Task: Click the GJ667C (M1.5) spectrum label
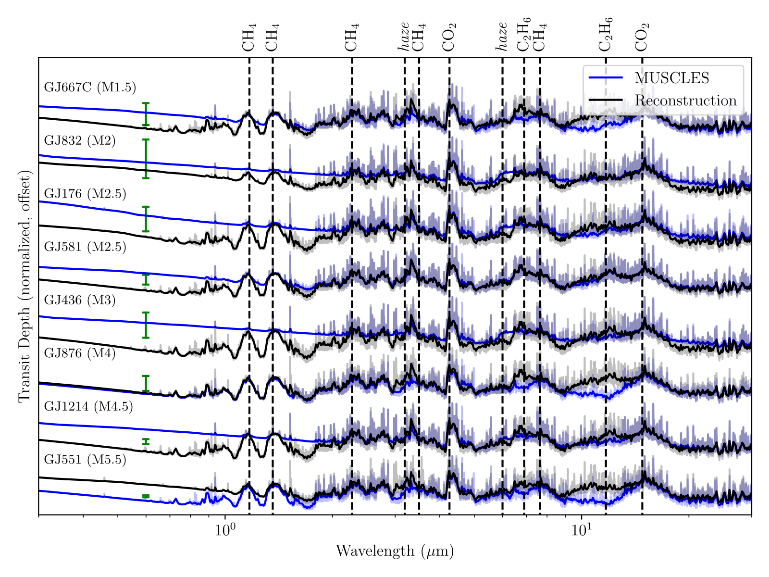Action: click(x=90, y=88)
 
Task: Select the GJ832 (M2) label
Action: click(x=80, y=141)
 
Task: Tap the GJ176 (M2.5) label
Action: click(x=85, y=194)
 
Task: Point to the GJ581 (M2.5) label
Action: click(x=85, y=247)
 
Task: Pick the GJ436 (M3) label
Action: click(x=80, y=301)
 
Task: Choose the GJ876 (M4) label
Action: click(x=80, y=353)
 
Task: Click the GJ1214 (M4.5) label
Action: click(x=88, y=407)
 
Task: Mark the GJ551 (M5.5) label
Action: click(x=85, y=460)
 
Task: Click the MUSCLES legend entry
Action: click(x=671, y=78)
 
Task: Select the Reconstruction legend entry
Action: click(x=685, y=100)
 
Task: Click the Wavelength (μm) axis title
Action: click(x=395, y=551)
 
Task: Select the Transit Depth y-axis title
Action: click(x=24, y=286)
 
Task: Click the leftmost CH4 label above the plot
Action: click(x=249, y=38)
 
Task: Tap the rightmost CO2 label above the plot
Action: click(x=642, y=38)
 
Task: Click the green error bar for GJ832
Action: click(x=146, y=159)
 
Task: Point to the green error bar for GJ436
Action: click(x=146, y=325)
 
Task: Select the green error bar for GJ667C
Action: click(x=146, y=114)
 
